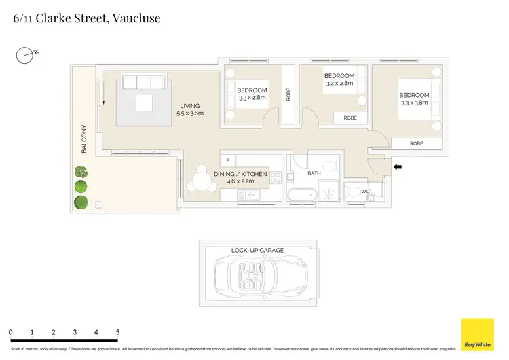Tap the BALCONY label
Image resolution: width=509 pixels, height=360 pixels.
(x=85, y=139)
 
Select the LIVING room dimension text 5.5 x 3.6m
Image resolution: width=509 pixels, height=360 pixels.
(x=190, y=113)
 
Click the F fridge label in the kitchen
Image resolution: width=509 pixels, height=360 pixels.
(x=227, y=161)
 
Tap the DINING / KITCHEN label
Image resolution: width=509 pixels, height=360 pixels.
(x=240, y=174)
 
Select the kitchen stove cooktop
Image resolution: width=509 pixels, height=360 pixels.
(x=276, y=179)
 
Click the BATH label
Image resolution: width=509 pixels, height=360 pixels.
(x=314, y=174)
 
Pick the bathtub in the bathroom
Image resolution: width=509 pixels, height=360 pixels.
(x=301, y=196)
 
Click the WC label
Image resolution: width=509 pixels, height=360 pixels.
(x=365, y=192)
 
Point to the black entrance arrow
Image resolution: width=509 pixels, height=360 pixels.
(x=397, y=166)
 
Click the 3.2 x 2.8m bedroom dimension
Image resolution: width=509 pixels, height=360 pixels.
(x=339, y=83)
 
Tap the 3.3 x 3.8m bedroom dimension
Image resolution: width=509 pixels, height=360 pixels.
(x=414, y=103)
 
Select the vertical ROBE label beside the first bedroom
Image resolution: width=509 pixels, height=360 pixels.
(x=288, y=94)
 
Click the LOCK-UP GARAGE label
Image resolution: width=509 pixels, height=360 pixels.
(x=257, y=250)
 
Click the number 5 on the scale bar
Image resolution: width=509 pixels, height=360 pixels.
(x=117, y=331)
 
